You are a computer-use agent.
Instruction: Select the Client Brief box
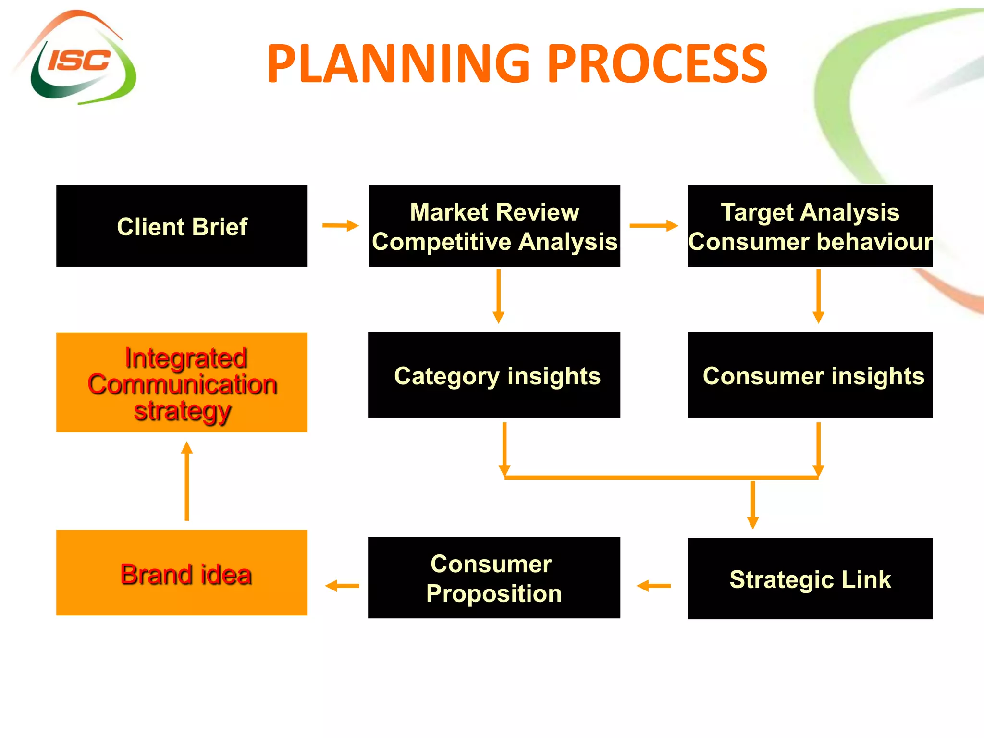(x=182, y=226)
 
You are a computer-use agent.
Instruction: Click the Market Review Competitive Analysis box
(x=494, y=226)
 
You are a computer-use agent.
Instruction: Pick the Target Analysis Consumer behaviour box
(x=810, y=226)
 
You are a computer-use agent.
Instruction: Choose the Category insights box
(x=494, y=375)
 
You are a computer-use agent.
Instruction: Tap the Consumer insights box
(x=810, y=375)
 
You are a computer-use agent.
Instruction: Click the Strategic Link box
(x=810, y=578)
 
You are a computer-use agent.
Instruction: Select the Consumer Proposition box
(x=494, y=578)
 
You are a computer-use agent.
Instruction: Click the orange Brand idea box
(x=182, y=573)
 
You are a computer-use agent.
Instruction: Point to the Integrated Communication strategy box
(x=182, y=382)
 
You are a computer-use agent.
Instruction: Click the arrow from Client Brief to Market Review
(x=340, y=225)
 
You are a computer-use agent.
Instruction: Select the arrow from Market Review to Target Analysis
(x=653, y=225)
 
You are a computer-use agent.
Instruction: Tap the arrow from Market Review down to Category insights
(x=499, y=296)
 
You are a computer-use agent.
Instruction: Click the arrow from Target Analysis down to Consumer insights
(x=819, y=296)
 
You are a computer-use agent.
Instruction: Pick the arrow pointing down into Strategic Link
(x=753, y=504)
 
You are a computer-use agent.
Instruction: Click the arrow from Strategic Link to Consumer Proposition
(x=653, y=586)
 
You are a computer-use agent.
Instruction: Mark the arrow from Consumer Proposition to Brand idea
(x=342, y=586)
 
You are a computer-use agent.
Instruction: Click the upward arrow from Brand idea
(x=187, y=480)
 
